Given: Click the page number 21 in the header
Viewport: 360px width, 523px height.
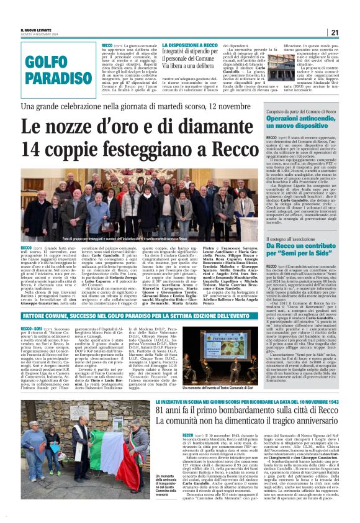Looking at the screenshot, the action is (334, 32).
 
